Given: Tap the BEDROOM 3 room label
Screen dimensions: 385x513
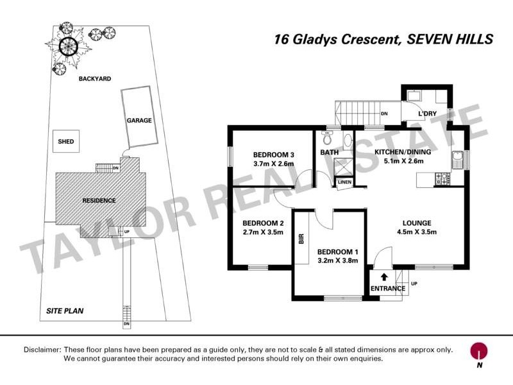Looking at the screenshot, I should (273, 155).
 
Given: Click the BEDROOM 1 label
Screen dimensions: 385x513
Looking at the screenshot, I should (337, 252).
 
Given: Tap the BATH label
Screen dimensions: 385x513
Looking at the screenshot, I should (329, 152).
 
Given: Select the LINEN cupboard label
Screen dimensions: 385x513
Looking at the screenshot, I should (344, 183).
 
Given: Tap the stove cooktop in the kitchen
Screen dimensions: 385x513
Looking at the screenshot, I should (442, 179).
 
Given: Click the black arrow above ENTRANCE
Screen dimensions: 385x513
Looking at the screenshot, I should (384, 277).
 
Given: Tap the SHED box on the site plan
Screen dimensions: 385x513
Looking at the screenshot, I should (65, 142).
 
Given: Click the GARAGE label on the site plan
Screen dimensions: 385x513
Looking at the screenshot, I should (139, 120).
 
